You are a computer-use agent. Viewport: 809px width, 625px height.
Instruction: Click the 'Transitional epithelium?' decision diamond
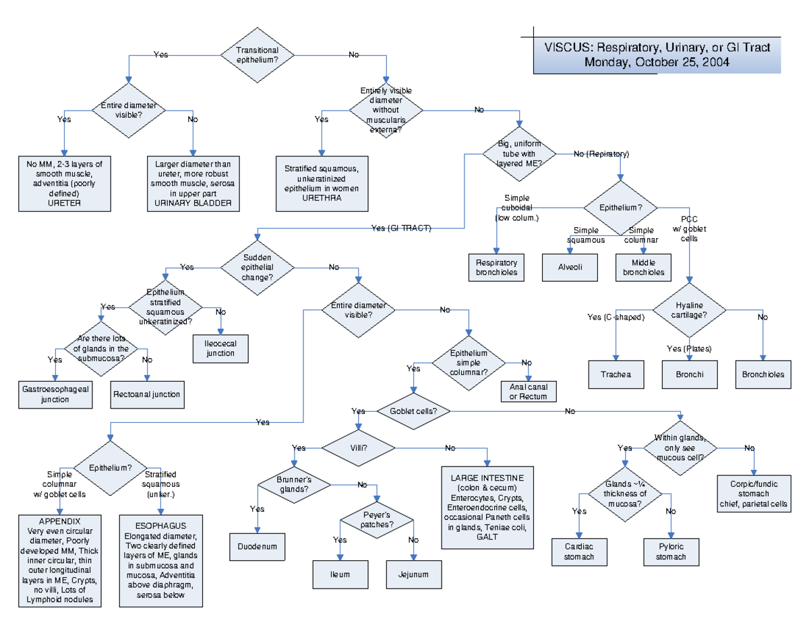(256, 55)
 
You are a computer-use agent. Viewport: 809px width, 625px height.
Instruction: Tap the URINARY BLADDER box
(193, 183)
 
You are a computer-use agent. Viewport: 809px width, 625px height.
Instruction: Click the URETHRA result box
(322, 183)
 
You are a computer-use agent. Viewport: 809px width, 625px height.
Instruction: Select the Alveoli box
(570, 267)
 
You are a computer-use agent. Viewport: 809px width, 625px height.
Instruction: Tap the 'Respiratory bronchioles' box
(496, 267)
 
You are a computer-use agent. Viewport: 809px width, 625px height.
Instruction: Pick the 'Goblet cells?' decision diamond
(413, 411)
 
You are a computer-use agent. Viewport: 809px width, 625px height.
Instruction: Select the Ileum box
(340, 574)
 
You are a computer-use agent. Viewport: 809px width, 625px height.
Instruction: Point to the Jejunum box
(413, 574)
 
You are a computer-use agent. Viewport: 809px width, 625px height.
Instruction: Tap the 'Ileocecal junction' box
(220, 348)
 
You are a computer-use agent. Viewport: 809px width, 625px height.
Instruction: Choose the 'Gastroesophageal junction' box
(55, 394)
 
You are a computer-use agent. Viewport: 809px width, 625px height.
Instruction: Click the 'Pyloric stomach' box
(670, 552)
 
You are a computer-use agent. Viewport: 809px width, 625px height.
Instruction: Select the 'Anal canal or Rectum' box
(528, 391)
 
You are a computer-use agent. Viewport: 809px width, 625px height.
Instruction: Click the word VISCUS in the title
(568, 48)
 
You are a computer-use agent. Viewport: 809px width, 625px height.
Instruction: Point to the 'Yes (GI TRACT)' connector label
(401, 228)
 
